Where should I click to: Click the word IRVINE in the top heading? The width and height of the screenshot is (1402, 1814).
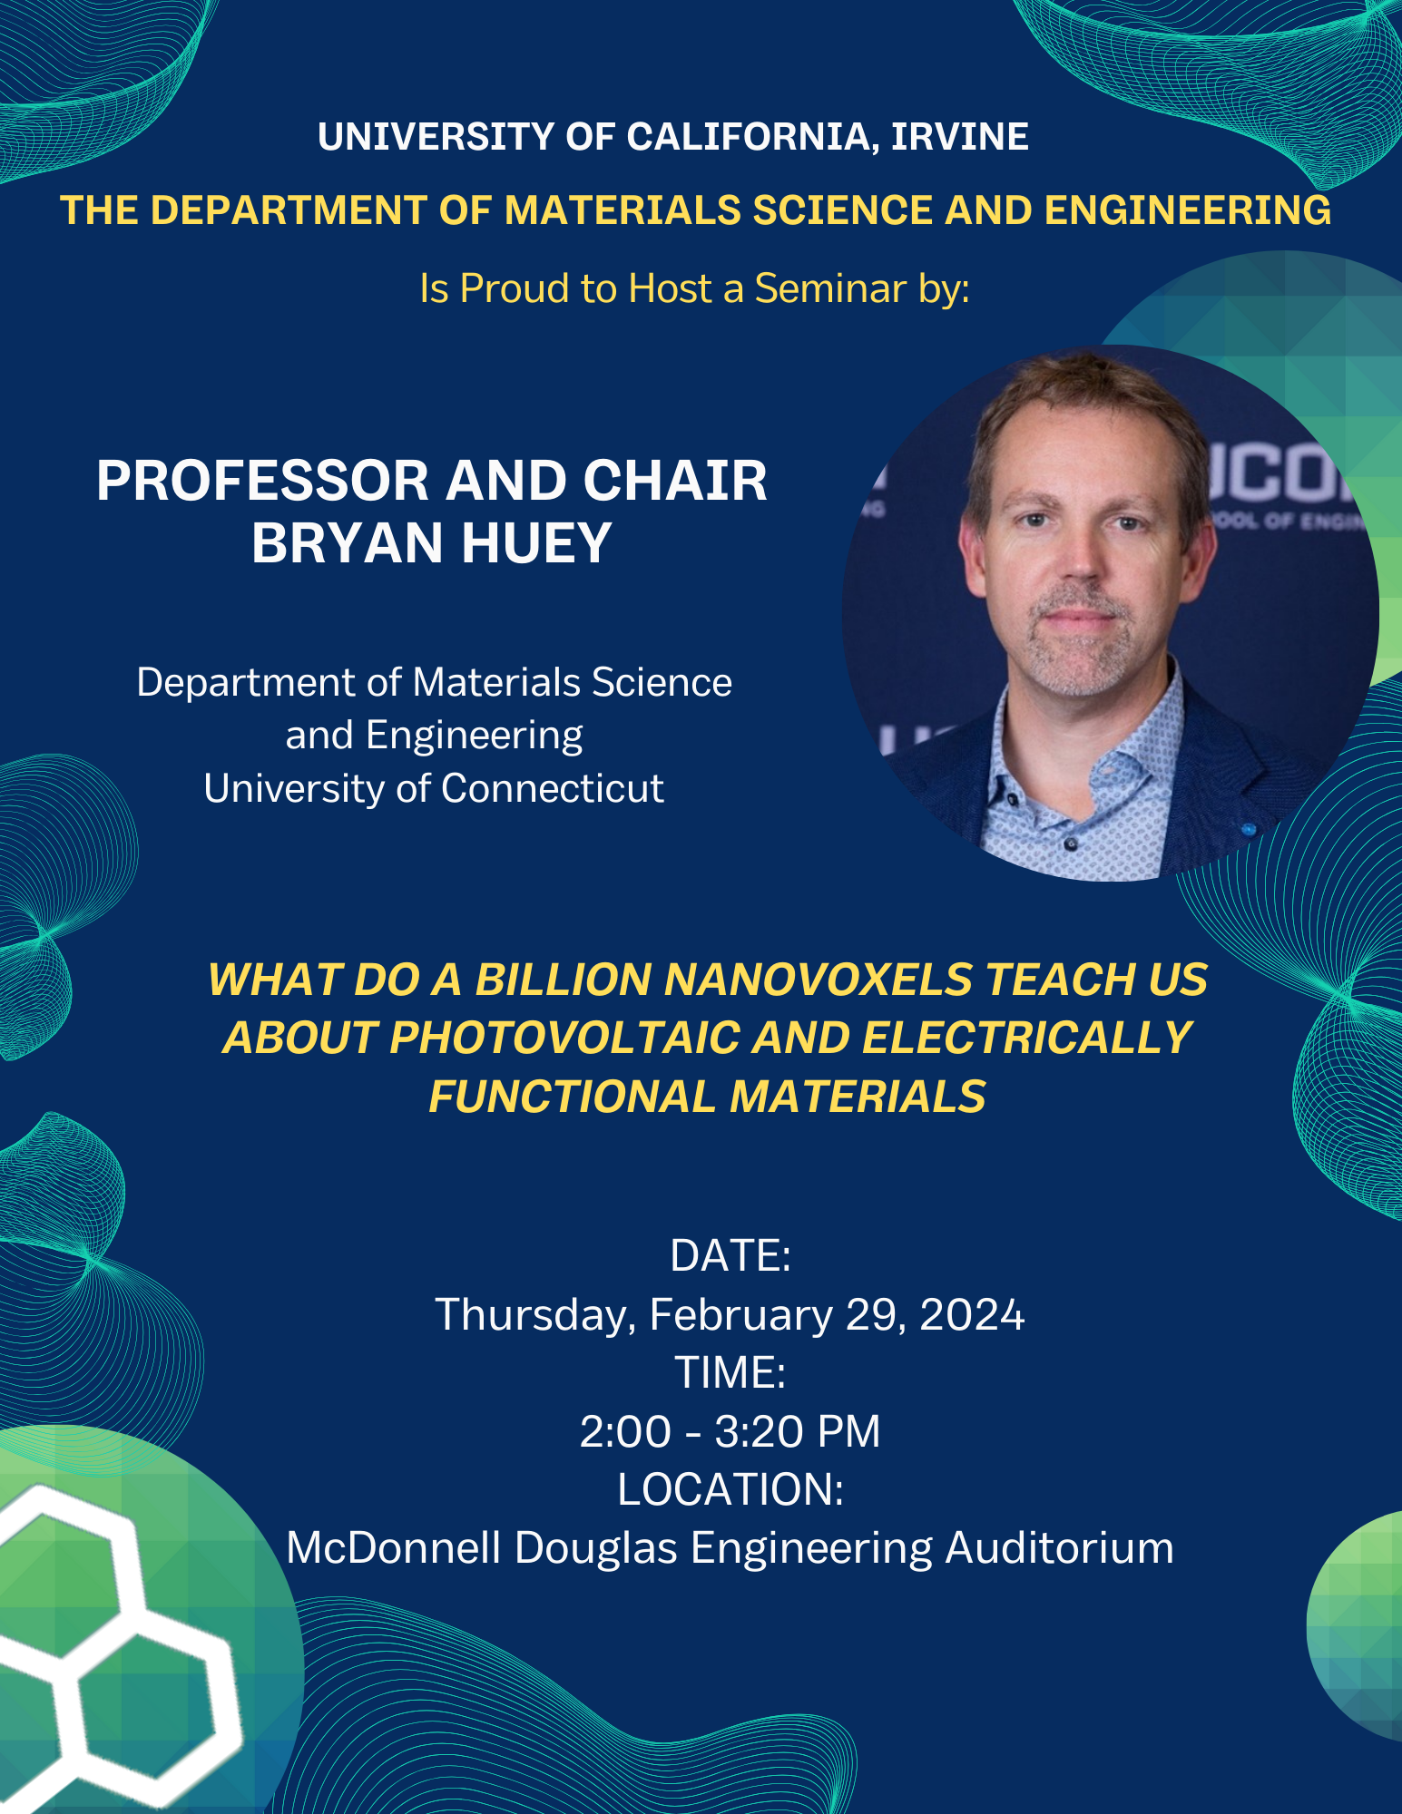point(960,137)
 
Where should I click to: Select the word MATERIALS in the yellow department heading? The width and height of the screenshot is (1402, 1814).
point(623,210)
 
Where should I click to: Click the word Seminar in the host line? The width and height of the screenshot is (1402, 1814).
point(830,288)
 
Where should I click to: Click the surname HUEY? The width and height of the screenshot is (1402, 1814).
point(536,542)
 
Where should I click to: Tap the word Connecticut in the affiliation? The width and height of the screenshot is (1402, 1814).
point(553,788)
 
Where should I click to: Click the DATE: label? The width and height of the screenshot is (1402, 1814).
point(730,1255)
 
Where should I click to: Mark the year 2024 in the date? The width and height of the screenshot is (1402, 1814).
point(972,1314)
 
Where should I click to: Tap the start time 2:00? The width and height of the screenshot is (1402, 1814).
point(625,1431)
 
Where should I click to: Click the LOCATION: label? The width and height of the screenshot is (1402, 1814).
point(730,1489)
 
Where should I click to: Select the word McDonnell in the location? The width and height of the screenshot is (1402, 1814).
point(394,1548)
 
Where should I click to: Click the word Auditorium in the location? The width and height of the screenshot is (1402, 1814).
point(1059,1548)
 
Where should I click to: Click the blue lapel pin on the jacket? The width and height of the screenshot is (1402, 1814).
point(1249,828)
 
